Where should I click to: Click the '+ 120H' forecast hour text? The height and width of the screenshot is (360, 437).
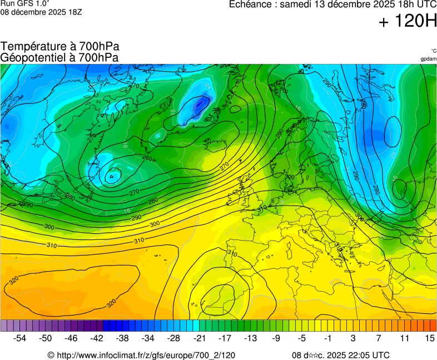[408, 22]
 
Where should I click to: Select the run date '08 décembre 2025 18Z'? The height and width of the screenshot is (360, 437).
[41, 12]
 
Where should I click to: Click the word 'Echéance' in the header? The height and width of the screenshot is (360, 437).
[250, 4]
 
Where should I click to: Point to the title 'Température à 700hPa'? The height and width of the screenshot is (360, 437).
[60, 47]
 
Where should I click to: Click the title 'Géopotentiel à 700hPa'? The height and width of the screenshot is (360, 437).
[59, 57]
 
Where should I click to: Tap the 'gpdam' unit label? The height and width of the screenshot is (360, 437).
[428, 58]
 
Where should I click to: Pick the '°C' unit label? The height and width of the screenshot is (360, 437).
[433, 51]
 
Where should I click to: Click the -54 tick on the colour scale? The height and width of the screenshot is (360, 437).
[20, 338]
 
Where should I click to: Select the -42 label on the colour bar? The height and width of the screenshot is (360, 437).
[97, 338]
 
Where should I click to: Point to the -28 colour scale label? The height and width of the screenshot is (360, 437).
[174, 338]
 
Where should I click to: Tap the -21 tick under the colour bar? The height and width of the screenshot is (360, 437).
[200, 338]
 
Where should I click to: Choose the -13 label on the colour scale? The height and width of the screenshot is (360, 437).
[251, 338]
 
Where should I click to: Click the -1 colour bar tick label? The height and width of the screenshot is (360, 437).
[327, 338]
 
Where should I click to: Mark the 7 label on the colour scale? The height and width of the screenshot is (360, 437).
[379, 338]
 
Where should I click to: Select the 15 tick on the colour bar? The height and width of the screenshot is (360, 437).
[429, 338]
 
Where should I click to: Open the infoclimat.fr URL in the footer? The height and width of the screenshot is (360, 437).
[146, 355]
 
